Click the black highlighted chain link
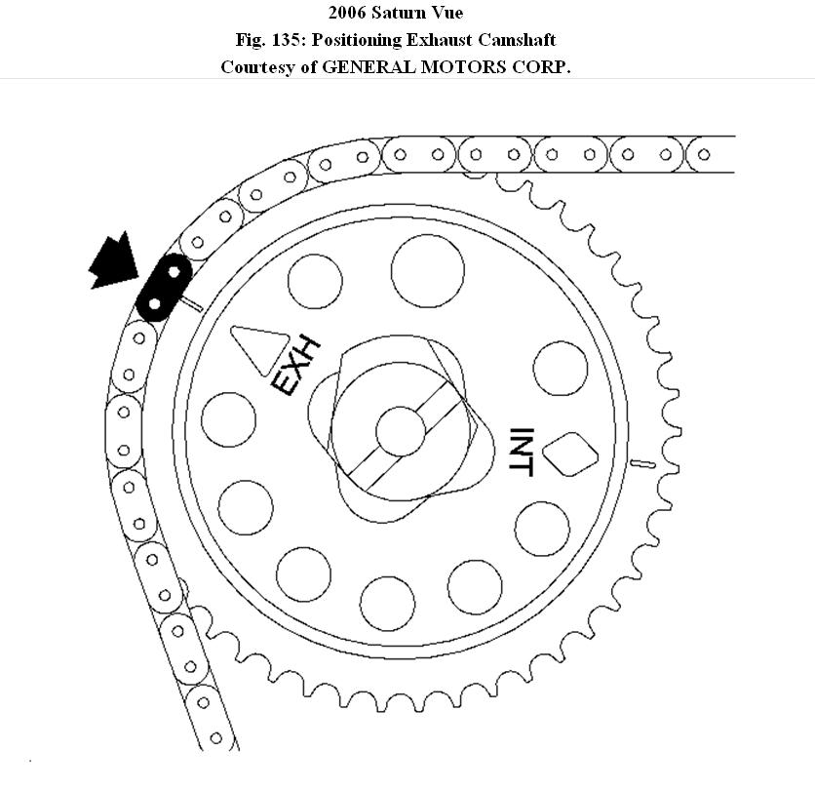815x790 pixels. click(164, 288)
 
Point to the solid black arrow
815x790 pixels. click(115, 261)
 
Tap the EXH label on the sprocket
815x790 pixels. click(295, 367)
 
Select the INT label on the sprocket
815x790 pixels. click(522, 452)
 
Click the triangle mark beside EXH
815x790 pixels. click(259, 347)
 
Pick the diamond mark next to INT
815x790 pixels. click(570, 454)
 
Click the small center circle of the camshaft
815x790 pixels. click(401, 432)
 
